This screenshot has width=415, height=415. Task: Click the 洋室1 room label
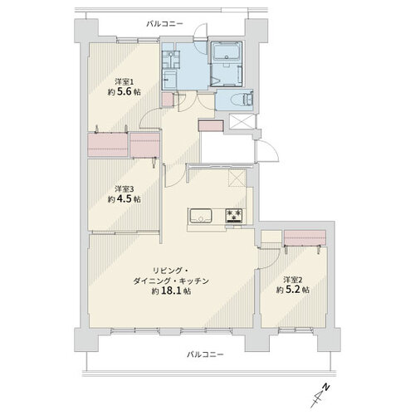click(124, 82)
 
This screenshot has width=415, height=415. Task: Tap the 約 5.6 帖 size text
click(124, 91)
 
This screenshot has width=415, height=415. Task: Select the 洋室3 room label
click(124, 189)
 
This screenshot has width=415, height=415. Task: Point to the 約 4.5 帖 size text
click(124, 199)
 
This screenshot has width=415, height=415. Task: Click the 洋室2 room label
click(293, 280)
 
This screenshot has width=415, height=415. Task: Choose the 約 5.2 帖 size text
click(293, 290)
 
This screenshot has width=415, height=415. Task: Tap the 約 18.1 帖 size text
click(171, 290)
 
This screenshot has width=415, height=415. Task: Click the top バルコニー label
click(164, 24)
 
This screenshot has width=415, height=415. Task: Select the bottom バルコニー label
click(205, 354)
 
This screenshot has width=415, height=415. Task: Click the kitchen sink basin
click(201, 216)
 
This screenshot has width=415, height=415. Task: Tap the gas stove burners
click(234, 216)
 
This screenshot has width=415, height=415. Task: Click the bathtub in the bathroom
click(227, 51)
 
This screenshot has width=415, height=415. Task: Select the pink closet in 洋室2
click(305, 237)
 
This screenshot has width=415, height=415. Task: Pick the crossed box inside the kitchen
click(237, 178)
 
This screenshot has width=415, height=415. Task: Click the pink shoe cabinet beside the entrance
click(211, 125)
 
